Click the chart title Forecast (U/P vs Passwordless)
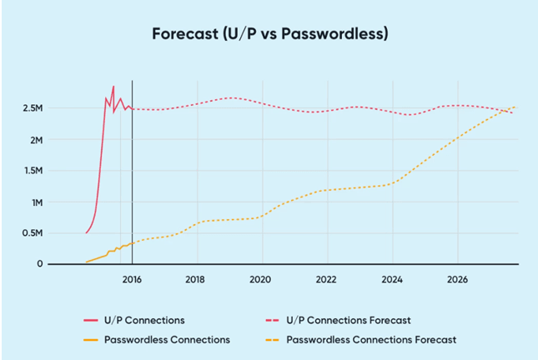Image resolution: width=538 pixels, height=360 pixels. point(270,34)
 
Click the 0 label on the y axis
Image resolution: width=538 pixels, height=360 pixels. point(40,264)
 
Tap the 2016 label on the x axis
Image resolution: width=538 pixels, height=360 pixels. point(132,279)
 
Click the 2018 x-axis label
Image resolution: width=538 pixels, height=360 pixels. point(196,279)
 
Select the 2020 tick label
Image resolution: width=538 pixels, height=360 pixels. point(261,279)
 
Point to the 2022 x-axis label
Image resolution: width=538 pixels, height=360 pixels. point(326,279)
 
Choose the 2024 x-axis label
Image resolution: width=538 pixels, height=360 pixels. point(391,279)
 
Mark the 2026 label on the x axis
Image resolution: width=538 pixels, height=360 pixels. point(456,279)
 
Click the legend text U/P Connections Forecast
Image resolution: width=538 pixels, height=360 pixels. point(349,320)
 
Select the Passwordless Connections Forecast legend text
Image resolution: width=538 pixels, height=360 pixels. point(371,339)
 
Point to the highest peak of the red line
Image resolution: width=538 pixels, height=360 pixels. point(113,86)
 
